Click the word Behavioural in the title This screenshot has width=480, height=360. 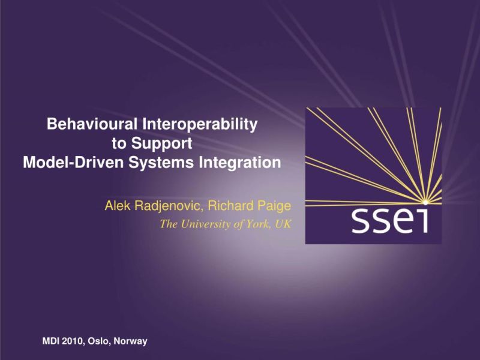coord(92,125)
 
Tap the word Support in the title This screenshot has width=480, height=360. coord(162,143)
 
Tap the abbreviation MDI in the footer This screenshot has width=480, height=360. coord(51,341)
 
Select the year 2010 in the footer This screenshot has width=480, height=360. coord(74,341)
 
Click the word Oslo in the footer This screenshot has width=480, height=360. coord(99,341)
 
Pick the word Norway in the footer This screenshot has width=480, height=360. coord(130,341)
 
